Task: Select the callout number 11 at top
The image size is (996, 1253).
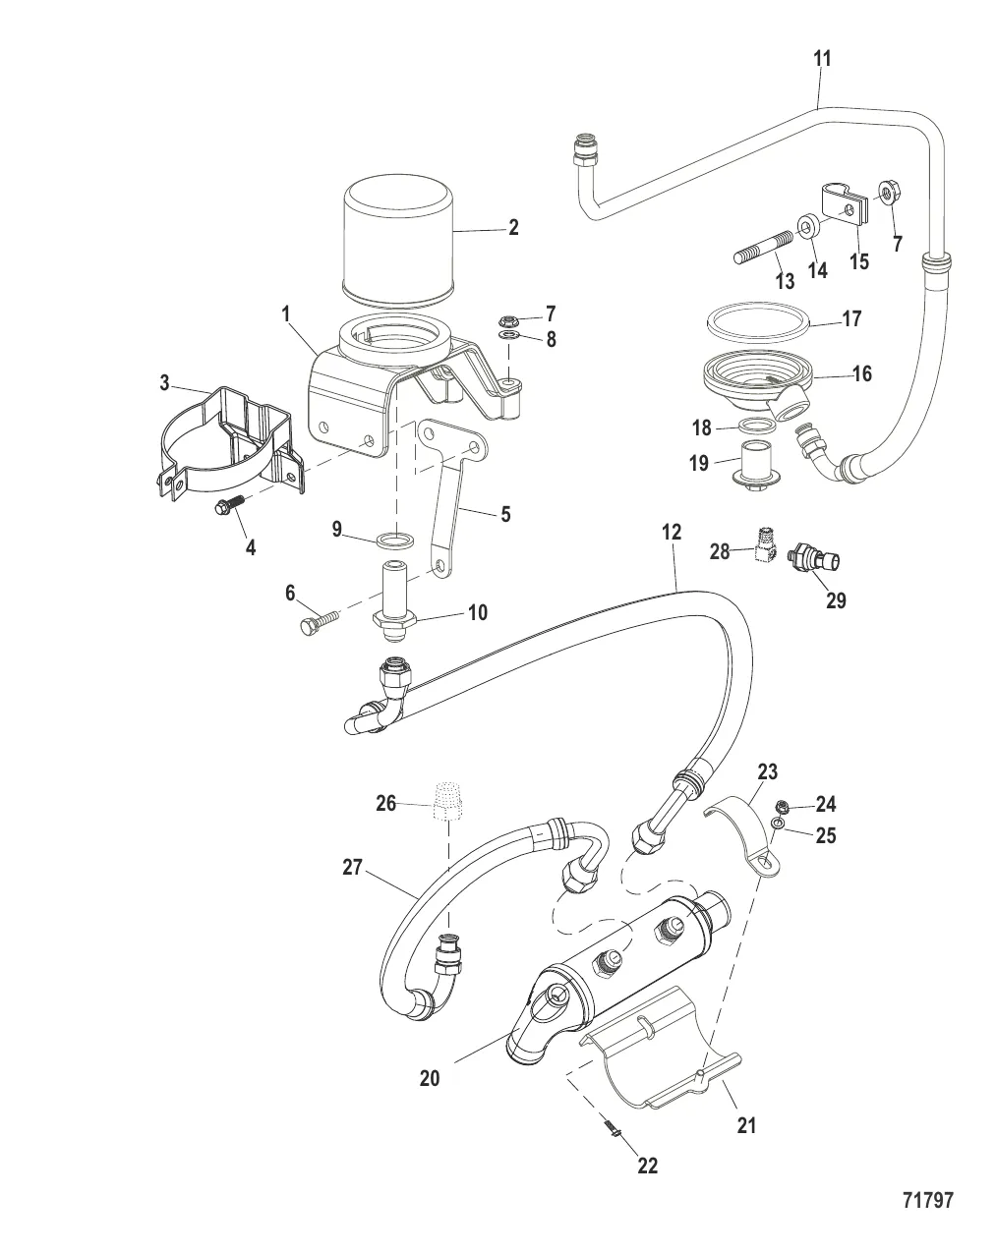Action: pos(822,59)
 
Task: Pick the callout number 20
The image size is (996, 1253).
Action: pos(429,1078)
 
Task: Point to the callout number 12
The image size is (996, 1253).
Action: pos(672,533)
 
